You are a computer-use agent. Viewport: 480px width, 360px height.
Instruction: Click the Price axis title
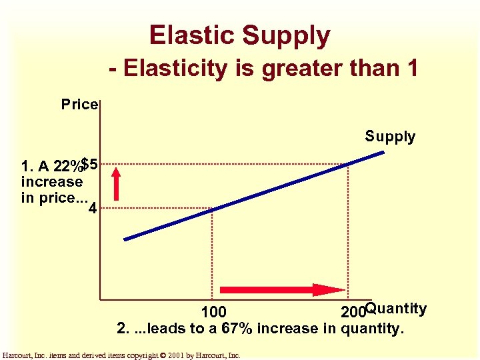tap(79, 105)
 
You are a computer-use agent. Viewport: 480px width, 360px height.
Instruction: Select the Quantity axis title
tap(396, 309)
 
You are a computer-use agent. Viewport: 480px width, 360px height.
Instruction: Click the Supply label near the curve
tap(390, 137)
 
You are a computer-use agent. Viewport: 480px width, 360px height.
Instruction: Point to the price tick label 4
tap(92, 209)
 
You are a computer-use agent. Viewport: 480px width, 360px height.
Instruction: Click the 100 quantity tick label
tap(214, 312)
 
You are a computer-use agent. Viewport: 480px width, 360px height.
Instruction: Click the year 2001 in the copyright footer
tap(181, 355)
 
